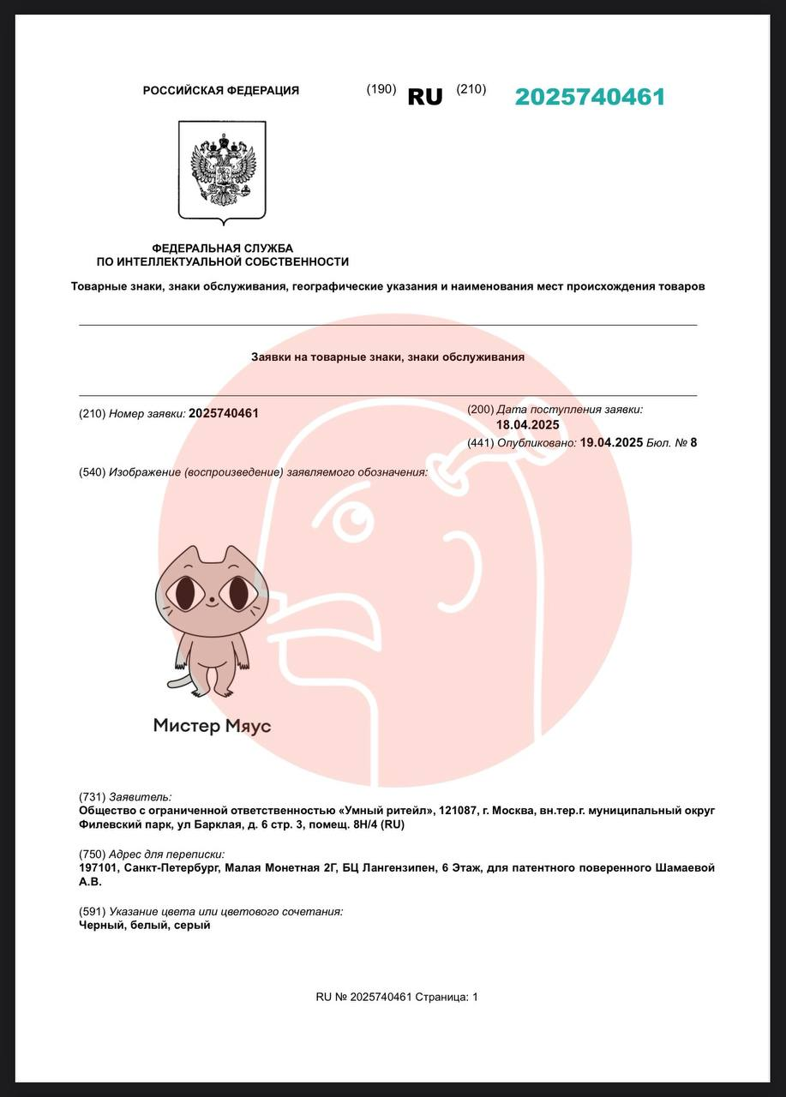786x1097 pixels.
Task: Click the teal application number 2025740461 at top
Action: [590, 97]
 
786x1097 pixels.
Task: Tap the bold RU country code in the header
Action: [424, 97]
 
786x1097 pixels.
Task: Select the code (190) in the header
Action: [381, 89]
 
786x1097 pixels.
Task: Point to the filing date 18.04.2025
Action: [527, 424]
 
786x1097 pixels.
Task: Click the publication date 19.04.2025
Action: [611, 442]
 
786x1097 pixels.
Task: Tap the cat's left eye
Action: [185, 592]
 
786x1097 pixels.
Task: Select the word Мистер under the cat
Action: [186, 726]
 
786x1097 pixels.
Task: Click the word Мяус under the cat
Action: [248, 726]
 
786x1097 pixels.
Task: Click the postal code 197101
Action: [98, 868]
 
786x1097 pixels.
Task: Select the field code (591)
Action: [92, 912]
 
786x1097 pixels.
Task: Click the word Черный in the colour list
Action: [99, 926]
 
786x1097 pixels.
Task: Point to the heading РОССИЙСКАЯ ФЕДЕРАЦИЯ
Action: [221, 90]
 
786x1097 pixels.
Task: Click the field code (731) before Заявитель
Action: [92, 796]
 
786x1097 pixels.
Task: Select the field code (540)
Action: [92, 472]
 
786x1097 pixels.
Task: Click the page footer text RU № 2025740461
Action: [363, 997]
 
